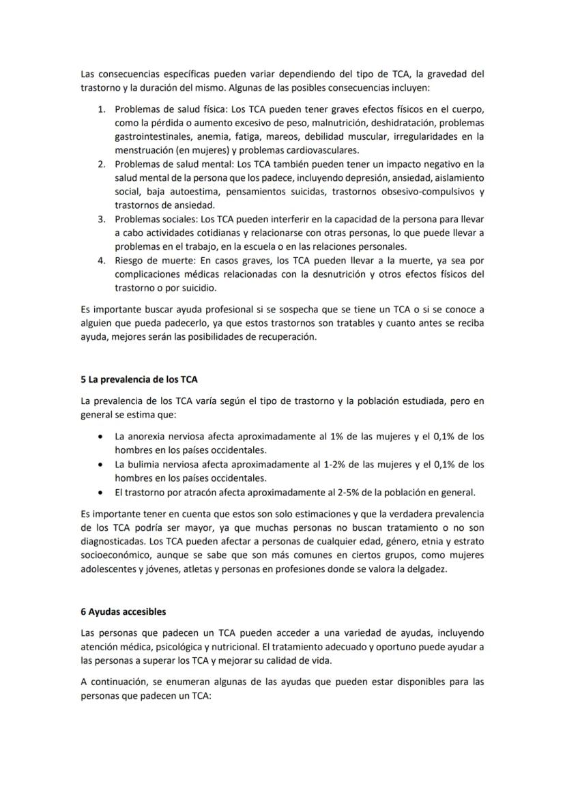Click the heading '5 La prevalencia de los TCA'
(139, 379)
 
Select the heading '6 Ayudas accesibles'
(123, 611)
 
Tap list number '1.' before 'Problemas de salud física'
(101, 109)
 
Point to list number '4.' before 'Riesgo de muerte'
(101, 261)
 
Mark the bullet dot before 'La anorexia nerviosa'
(102, 436)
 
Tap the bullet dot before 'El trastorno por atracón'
(102, 492)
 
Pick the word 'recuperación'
(285, 337)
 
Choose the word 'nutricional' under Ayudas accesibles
(232, 645)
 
